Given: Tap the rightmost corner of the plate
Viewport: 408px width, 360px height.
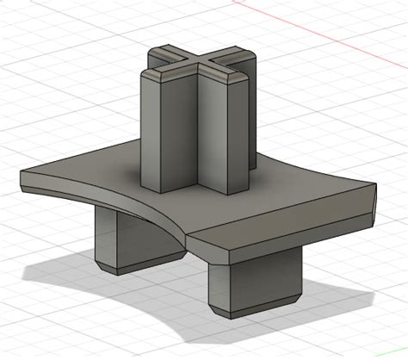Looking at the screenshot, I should pyautogui.click(x=376, y=185).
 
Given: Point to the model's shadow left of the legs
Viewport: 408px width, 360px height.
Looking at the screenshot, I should pyautogui.click(x=60, y=276).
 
